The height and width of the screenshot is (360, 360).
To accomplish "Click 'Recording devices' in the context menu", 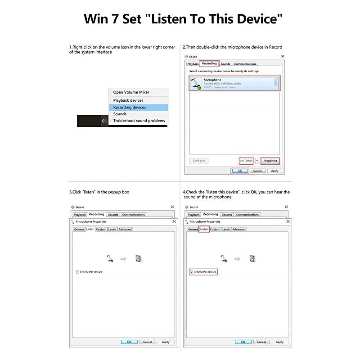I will point(130,107).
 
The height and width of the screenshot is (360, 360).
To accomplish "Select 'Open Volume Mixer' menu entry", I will point(131,92).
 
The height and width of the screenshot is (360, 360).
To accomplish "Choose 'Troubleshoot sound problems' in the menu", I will point(139,121).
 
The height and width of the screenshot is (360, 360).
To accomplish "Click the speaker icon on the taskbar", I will point(104,121).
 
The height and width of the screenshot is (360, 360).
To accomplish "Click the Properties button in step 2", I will point(270,161).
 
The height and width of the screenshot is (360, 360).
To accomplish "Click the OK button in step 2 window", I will point(240,171).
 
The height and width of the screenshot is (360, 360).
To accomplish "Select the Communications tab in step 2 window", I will point(245,64).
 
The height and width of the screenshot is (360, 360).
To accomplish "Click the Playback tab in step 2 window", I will point(193,64).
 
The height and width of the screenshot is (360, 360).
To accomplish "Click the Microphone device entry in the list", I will point(234,83).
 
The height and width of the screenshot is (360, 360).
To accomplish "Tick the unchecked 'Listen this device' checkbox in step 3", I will point(78,272).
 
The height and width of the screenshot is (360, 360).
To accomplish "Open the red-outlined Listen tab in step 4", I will point(204,229).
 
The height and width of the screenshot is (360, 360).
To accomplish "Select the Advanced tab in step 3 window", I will point(125,229).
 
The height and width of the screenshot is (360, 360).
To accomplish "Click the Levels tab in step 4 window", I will point(226,229).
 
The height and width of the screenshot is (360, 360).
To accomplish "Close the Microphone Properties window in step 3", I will point(174,221).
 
